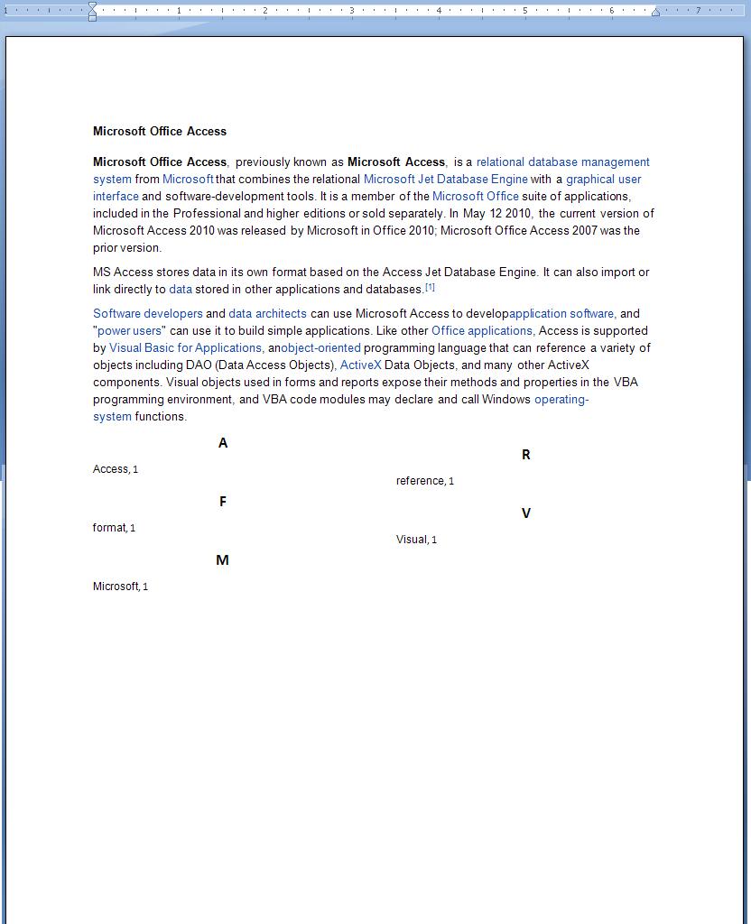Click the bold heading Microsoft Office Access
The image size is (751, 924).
click(x=159, y=132)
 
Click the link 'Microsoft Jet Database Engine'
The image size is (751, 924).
click(x=445, y=180)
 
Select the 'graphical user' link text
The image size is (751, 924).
click(x=603, y=180)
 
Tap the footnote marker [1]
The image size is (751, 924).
click(x=430, y=287)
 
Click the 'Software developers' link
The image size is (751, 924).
click(x=148, y=314)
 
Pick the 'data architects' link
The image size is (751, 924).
click(x=267, y=314)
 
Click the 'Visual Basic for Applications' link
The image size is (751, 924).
click(x=185, y=348)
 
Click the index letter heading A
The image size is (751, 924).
click(x=223, y=443)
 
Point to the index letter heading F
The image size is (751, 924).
click(x=223, y=502)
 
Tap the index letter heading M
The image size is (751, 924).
click(x=222, y=560)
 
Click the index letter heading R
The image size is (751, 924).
click(x=526, y=455)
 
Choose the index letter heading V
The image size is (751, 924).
click(x=526, y=513)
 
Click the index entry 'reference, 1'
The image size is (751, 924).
click(x=424, y=481)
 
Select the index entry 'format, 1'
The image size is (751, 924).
click(x=114, y=528)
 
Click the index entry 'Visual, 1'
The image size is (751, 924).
click(x=416, y=540)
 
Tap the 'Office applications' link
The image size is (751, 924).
click(x=482, y=331)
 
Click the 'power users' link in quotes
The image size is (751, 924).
click(x=129, y=331)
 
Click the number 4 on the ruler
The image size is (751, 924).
click(x=439, y=11)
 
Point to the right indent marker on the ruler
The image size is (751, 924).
click(x=655, y=13)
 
